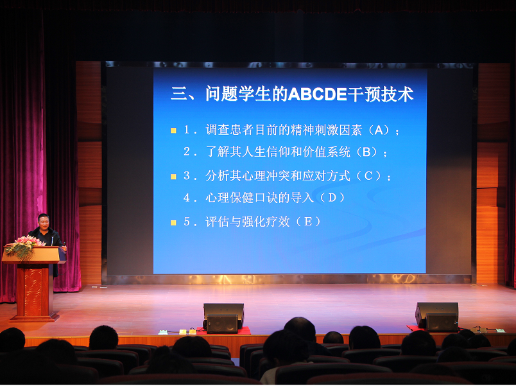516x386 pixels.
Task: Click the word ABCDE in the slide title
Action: [318, 94]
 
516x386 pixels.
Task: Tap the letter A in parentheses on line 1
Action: [379, 130]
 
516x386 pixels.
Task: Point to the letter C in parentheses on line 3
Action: [368, 175]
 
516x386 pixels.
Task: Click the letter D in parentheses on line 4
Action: [332, 197]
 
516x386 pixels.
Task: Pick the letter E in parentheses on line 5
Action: [308, 222]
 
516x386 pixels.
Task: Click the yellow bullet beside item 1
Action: [173, 131]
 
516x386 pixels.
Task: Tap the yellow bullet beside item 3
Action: [173, 177]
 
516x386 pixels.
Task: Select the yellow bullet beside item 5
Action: [173, 223]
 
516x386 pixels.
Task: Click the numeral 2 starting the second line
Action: [187, 152]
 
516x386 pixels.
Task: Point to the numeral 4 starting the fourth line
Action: [187, 198]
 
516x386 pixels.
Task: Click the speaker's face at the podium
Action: [44, 223]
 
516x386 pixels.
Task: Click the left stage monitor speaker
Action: [223, 318]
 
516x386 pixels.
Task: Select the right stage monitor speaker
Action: [436, 317]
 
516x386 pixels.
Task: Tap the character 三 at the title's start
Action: [178, 94]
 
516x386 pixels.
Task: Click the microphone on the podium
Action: [52, 241]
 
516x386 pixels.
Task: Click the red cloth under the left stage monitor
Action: [224, 331]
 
